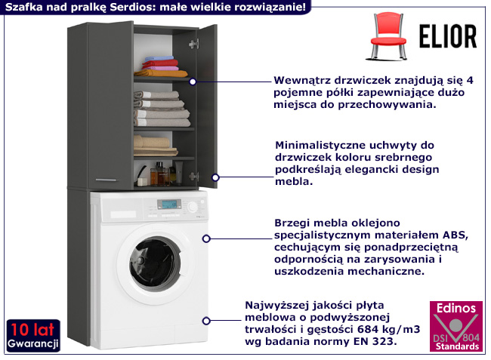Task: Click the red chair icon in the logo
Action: [389, 37]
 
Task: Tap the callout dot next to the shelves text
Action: [193, 82]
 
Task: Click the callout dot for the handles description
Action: [215, 177]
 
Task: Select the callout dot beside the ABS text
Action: [207, 238]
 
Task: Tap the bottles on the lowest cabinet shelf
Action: [161, 173]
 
